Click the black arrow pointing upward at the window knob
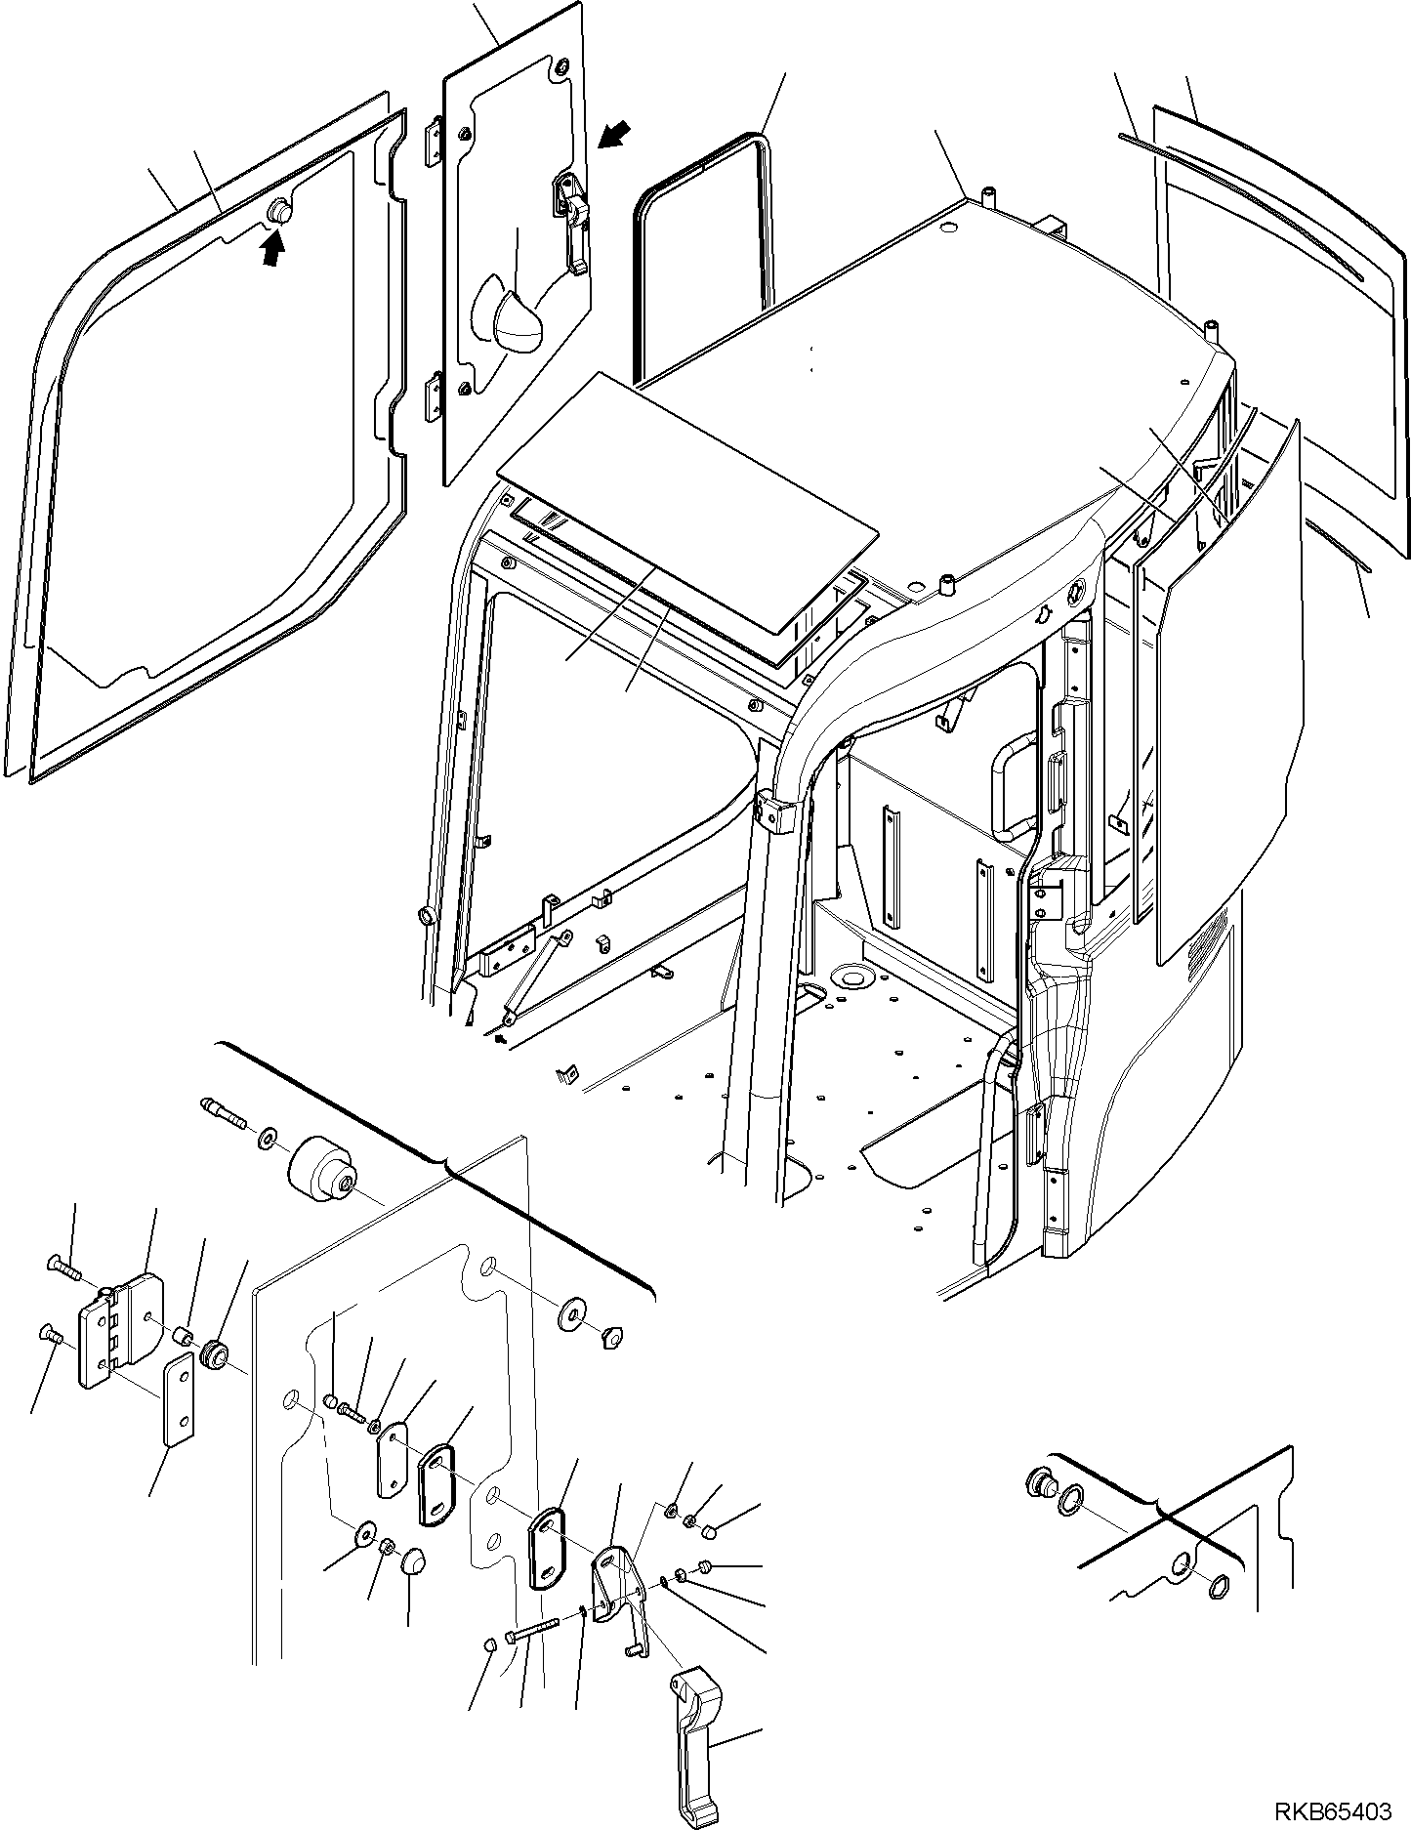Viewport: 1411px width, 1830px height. coord(274,252)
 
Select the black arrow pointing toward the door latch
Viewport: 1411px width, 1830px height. coord(613,135)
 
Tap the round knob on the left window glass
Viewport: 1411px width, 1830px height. coord(280,212)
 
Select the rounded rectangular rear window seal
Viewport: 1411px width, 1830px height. coord(701,254)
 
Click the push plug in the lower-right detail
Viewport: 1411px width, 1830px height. coord(1040,1512)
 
